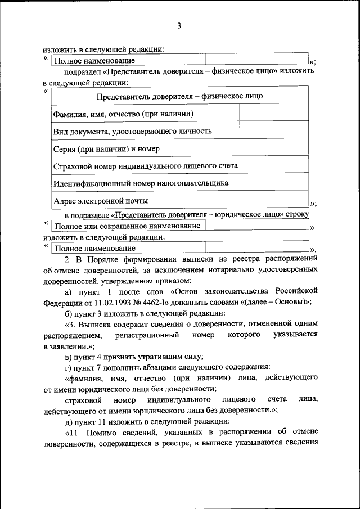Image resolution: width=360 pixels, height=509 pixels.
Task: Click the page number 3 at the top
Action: pyautogui.click(x=179, y=25)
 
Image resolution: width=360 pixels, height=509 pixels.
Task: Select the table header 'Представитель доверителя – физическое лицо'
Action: pyautogui.click(x=179, y=96)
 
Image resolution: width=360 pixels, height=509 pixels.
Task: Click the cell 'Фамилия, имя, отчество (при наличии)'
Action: pyautogui.click(x=123, y=114)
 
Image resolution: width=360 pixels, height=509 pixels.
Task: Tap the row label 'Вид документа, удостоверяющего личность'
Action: pyautogui.click(x=132, y=131)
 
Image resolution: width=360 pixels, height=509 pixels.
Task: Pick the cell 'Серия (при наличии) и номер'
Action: pyautogui.click(x=106, y=148)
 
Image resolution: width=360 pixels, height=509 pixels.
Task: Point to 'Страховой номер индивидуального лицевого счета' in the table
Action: pyautogui.click(x=145, y=166)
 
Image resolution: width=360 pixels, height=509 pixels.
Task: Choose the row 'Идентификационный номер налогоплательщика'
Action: pyautogui.click(x=140, y=183)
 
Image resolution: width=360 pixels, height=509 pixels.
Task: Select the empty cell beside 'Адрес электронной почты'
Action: pyautogui.click(x=274, y=200)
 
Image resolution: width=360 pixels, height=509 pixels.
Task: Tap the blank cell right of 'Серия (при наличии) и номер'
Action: pyautogui.click(x=274, y=148)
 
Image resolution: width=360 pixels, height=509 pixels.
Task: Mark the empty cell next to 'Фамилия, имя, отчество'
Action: pyautogui.click(x=274, y=114)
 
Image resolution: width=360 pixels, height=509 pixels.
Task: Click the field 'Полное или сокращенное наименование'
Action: pyautogui.click(x=127, y=226)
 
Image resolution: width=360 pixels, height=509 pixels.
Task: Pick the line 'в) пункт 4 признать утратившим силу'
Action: pyautogui.click(x=134, y=357)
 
